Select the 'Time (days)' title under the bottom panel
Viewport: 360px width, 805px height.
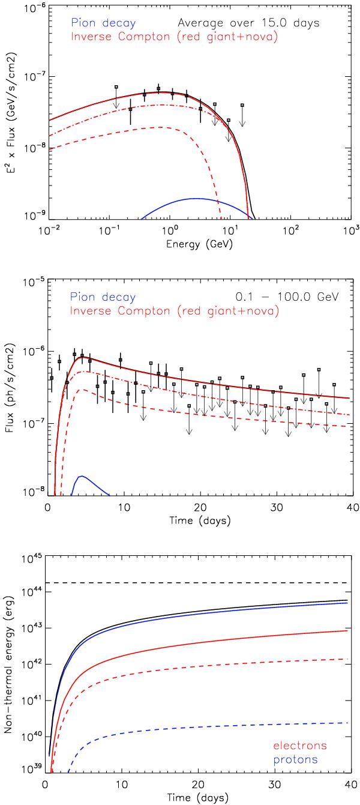click(x=199, y=798)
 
